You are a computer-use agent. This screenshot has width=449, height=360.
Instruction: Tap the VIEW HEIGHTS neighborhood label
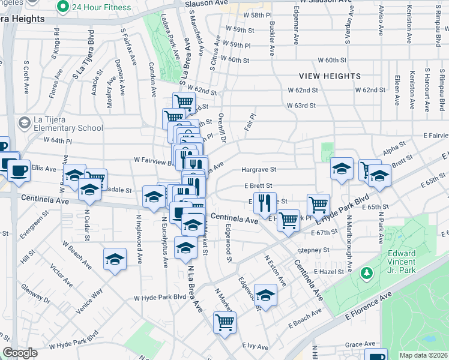(331, 77)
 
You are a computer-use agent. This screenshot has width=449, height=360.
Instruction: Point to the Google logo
(20, 353)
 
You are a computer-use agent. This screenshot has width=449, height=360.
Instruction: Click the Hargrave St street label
(259, 170)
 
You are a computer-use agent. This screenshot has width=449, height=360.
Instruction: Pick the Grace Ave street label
(360, 344)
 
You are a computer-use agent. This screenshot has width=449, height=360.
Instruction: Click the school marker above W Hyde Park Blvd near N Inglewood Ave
(115, 259)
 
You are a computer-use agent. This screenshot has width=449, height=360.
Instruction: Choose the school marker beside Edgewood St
(265, 294)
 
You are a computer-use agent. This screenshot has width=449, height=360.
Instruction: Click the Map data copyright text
(423, 355)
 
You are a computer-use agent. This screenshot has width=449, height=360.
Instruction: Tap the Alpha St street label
(394, 147)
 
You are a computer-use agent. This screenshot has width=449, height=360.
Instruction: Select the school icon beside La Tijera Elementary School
(24, 123)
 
